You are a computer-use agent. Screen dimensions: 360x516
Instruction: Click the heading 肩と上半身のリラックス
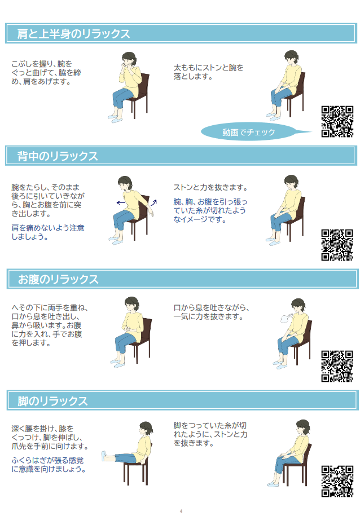tap(73, 34)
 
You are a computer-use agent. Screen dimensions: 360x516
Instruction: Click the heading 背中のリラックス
tap(58, 156)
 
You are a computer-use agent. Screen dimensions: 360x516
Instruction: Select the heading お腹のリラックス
tap(58, 279)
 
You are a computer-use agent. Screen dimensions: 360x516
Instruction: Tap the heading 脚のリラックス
tap(52, 401)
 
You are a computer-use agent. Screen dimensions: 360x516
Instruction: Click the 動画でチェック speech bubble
tap(249, 133)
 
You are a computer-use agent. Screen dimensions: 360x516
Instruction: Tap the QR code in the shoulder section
tap(337, 121)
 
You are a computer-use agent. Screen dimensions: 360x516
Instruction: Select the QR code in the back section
tap(337, 245)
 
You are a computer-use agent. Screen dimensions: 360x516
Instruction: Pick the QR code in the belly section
tap(337, 366)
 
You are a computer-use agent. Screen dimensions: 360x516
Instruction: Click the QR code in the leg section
tap(337, 481)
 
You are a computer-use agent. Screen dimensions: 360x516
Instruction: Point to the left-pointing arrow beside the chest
tap(121, 202)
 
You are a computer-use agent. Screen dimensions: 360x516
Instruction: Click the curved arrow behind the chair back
tap(154, 202)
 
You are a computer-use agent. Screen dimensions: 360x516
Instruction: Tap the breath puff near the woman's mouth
tap(286, 318)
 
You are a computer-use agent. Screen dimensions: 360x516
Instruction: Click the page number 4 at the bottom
tap(181, 511)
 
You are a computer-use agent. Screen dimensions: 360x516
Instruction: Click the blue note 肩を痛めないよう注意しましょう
tap(48, 232)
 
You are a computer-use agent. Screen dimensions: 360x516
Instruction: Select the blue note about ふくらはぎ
tap(49, 464)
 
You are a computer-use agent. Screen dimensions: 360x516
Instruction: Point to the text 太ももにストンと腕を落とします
tap(208, 72)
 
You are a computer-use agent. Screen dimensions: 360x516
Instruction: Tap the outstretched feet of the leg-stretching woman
tap(104, 456)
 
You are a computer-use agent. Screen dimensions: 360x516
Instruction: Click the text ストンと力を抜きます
tap(210, 187)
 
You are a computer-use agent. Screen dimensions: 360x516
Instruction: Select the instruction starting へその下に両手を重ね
tap(50, 325)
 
